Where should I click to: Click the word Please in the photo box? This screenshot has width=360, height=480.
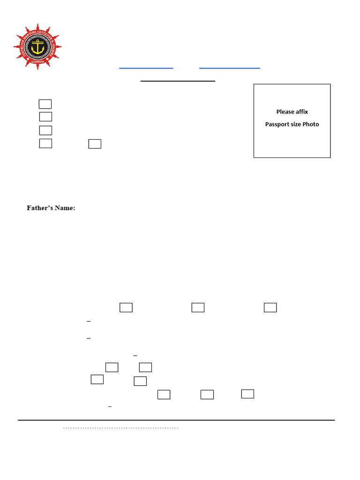285,112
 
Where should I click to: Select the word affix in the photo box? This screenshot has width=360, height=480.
301,112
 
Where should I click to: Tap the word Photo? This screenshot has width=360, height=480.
311,124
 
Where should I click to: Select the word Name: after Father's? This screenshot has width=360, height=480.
65,208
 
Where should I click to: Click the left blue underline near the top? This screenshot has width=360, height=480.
146,68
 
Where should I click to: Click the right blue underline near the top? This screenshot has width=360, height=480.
230,68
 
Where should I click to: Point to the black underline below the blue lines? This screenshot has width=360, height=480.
178,81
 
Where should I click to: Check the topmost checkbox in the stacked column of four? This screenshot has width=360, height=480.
45,104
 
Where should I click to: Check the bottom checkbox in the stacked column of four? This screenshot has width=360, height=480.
45,143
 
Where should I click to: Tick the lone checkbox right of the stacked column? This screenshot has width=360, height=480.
95,144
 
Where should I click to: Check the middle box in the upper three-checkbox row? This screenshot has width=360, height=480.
198,307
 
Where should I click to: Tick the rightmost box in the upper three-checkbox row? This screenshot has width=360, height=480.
270,307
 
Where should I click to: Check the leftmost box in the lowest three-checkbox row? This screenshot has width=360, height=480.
164,394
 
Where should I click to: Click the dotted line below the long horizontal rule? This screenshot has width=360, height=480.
121,428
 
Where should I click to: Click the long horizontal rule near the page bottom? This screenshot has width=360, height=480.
176,420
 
